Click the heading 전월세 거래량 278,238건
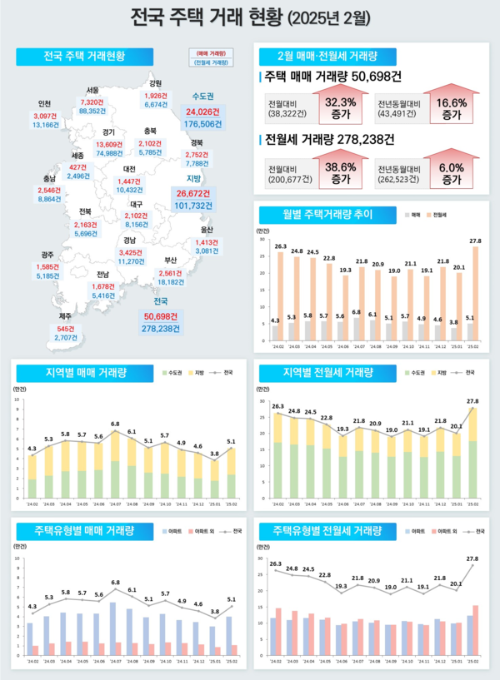coord(328,138)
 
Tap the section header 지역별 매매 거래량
coord(82,373)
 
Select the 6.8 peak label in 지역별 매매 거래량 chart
coord(116,424)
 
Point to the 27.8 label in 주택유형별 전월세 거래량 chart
coord(472,558)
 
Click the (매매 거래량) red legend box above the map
coord(211,52)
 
